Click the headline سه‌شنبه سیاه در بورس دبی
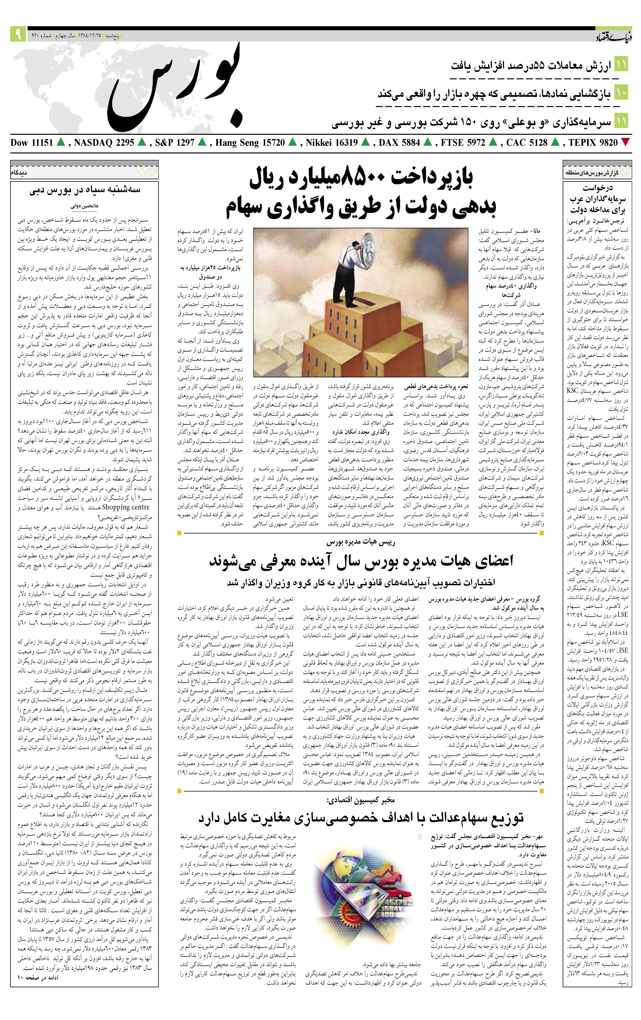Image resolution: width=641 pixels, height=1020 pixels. tap(85, 190)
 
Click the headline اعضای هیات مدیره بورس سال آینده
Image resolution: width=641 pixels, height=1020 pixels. tap(361, 561)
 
